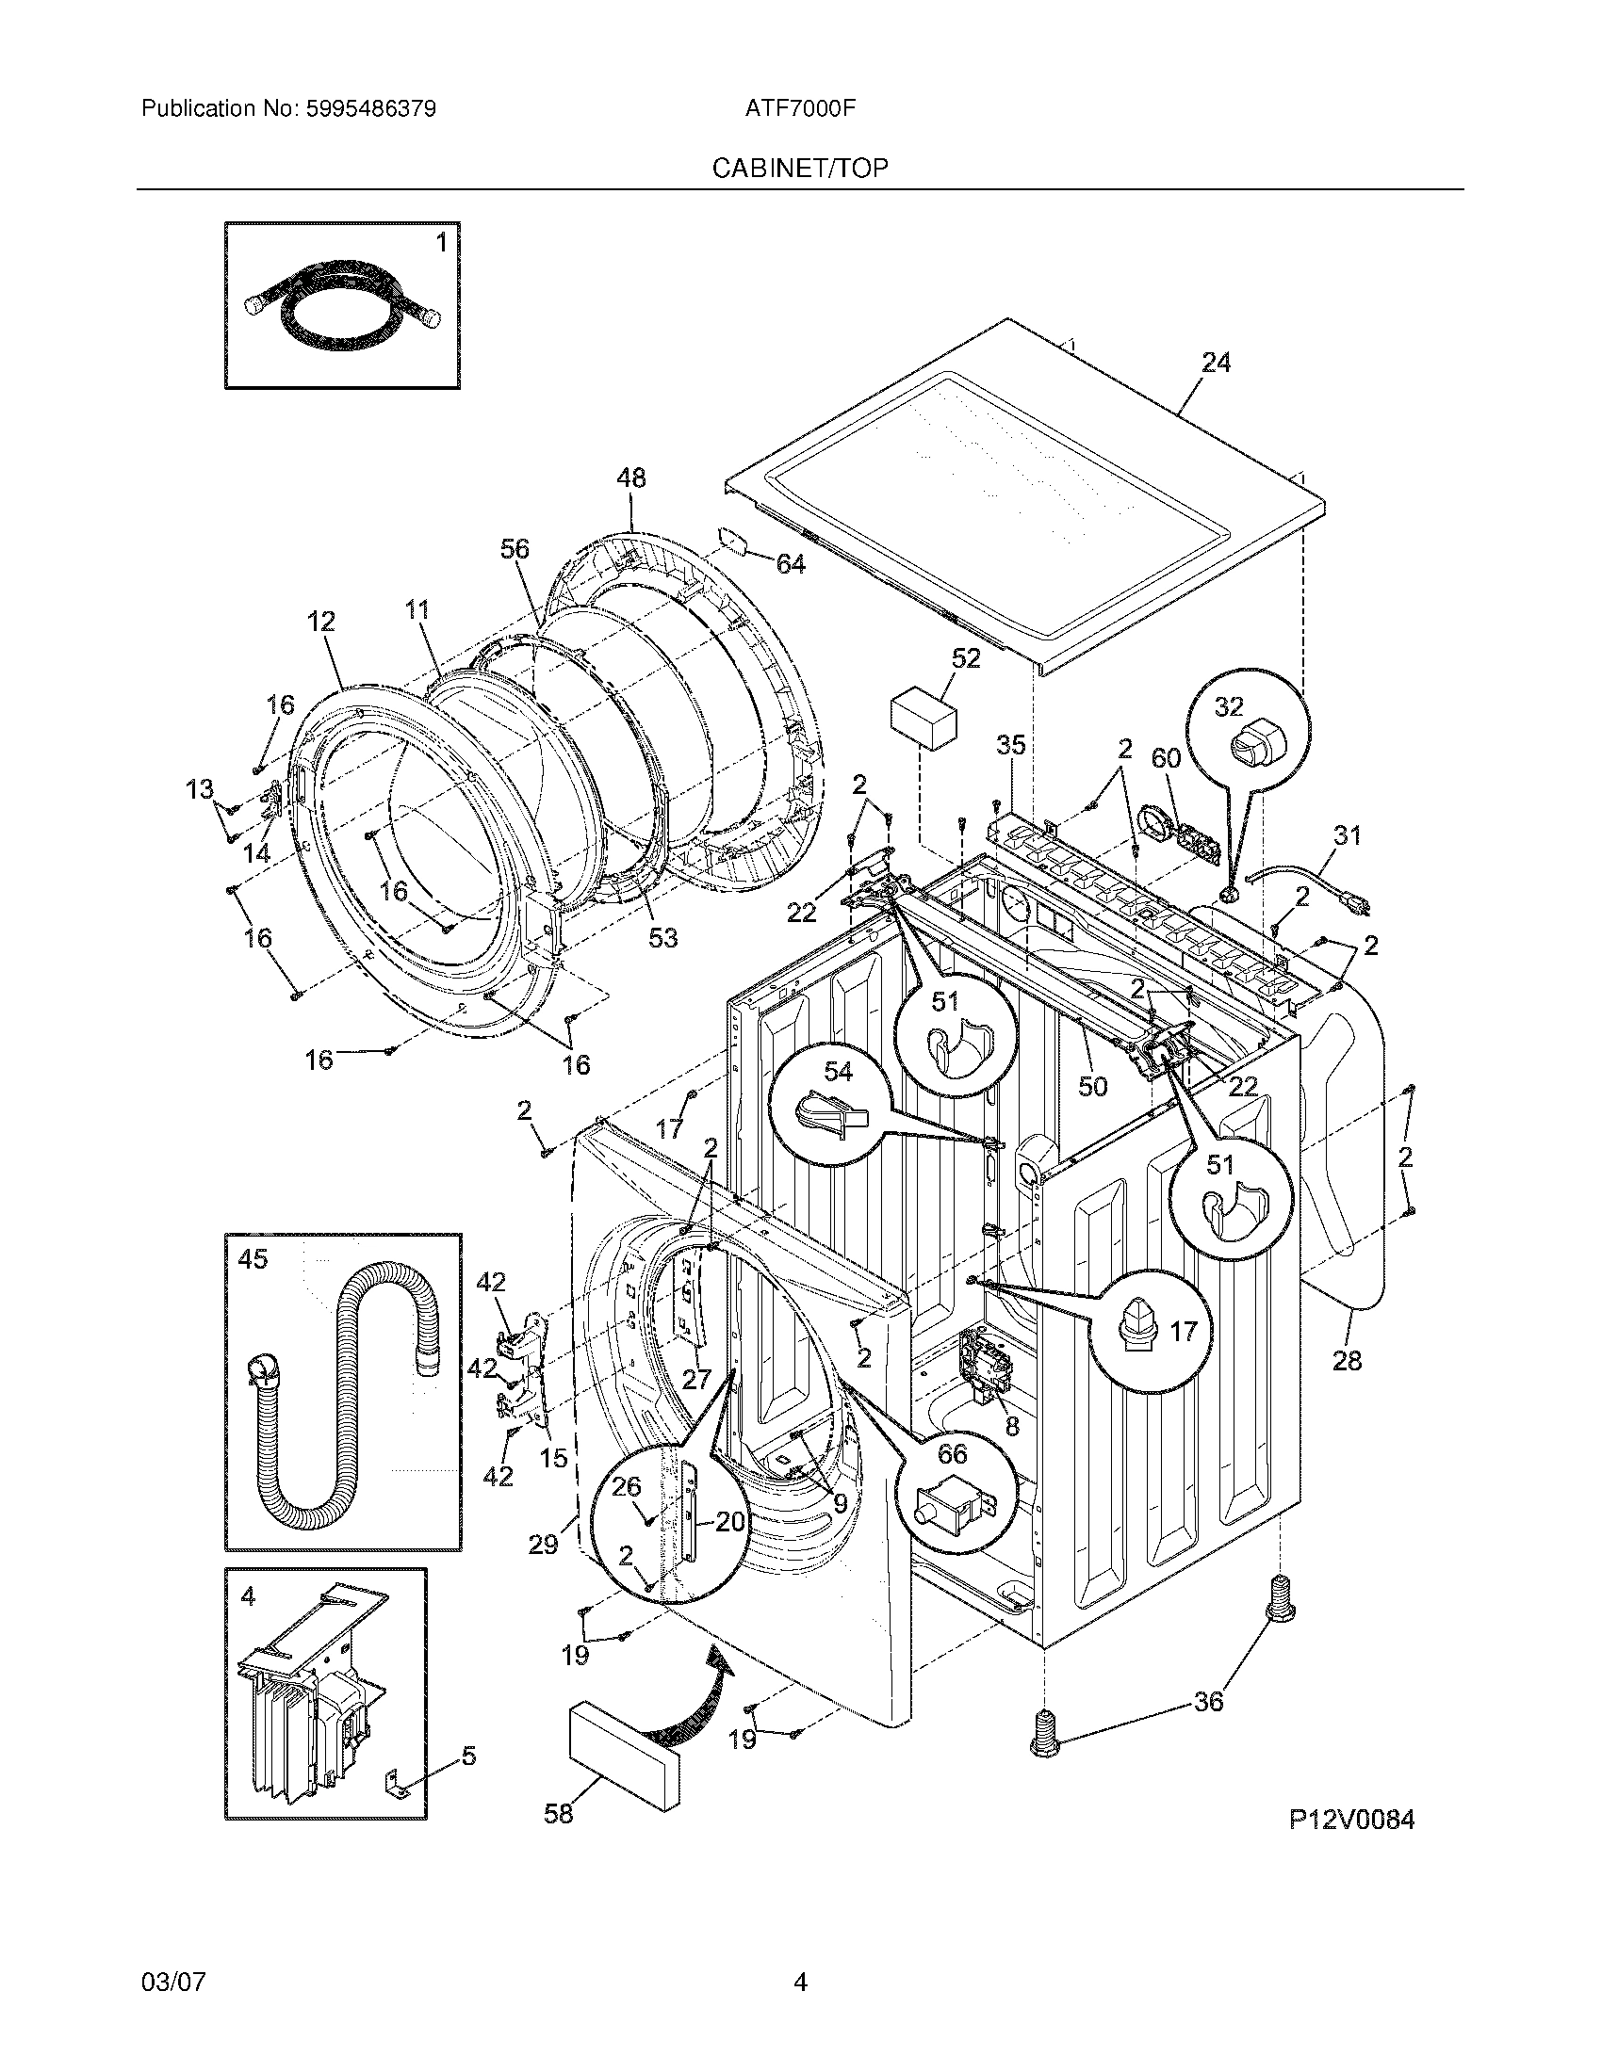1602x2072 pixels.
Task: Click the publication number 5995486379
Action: click(x=371, y=109)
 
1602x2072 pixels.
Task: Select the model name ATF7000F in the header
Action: click(x=800, y=109)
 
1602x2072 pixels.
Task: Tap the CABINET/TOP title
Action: click(x=800, y=169)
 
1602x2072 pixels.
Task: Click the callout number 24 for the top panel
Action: click(x=1216, y=363)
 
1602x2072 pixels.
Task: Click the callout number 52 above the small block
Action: click(x=965, y=658)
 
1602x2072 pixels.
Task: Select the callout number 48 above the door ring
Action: click(x=630, y=478)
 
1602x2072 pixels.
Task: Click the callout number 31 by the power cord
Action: click(x=1346, y=835)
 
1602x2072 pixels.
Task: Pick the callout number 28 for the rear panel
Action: click(x=1347, y=1361)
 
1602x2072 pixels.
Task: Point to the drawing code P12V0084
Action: click(x=1351, y=1820)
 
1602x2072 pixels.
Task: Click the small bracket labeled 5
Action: click(x=399, y=1788)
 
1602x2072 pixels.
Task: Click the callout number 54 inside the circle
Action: click(x=837, y=1072)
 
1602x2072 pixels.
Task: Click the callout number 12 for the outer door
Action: click(x=321, y=623)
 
